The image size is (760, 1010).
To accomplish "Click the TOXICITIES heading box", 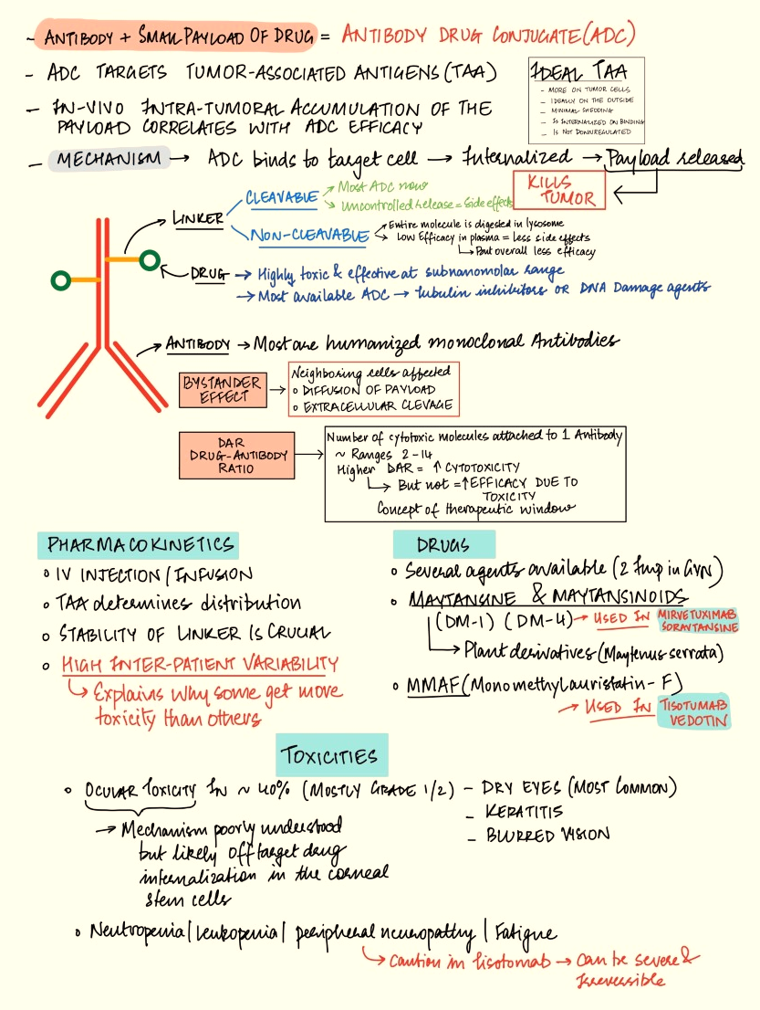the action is [332, 755].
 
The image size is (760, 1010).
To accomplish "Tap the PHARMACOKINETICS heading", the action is [139, 546].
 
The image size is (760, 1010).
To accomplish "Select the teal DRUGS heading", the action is [443, 545].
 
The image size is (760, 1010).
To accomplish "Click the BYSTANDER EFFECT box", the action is [220, 390].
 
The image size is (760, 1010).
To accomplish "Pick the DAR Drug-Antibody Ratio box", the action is [237, 455].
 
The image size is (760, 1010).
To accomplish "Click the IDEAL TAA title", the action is [586, 71].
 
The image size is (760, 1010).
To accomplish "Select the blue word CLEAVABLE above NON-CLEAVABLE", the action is [282, 196].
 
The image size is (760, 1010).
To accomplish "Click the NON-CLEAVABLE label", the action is [310, 236].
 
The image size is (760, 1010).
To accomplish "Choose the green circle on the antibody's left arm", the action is [61, 280].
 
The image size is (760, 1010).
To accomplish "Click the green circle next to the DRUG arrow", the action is [149, 260].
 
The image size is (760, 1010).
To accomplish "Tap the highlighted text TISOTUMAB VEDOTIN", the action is [694, 712].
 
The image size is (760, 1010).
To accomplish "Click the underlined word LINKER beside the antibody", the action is [197, 219].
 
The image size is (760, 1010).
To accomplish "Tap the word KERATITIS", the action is [524, 811].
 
